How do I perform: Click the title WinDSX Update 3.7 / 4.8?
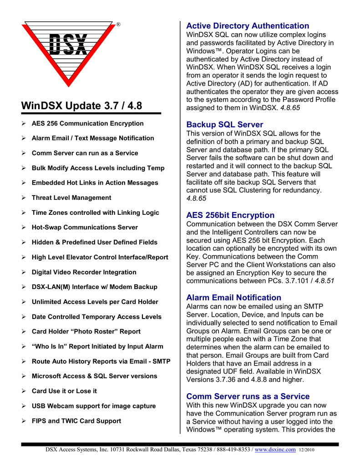82,106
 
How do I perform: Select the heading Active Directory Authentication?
248,26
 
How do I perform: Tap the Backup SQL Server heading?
224,125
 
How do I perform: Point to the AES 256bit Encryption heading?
230,215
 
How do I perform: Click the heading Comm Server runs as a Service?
248,396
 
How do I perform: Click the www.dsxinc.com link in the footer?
275,450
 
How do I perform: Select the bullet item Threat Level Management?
71,198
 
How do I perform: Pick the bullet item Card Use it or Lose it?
64,391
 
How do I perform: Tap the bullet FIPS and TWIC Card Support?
76,421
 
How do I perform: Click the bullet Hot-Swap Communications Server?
85,228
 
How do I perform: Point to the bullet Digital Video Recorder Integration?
84,272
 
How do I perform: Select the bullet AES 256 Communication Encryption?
87,123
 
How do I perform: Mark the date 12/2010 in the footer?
307,450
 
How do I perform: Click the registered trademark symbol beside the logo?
118,24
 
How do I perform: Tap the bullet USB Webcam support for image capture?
93,406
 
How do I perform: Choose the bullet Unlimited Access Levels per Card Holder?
95,302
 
